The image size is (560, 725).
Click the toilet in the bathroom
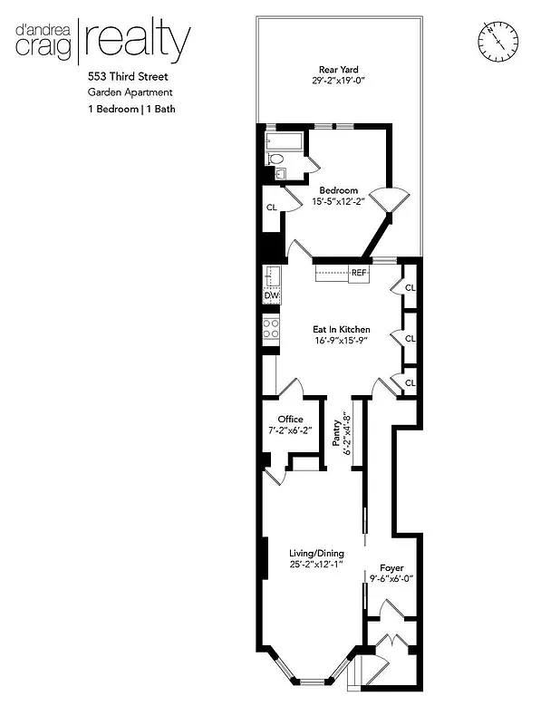click(x=275, y=158)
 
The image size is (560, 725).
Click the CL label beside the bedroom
click(x=271, y=208)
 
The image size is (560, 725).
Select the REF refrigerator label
click(x=359, y=272)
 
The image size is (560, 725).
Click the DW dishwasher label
click(x=270, y=296)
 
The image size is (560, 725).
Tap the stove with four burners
click(x=270, y=329)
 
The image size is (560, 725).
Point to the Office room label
click(x=290, y=419)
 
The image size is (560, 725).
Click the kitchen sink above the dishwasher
click(x=269, y=275)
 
